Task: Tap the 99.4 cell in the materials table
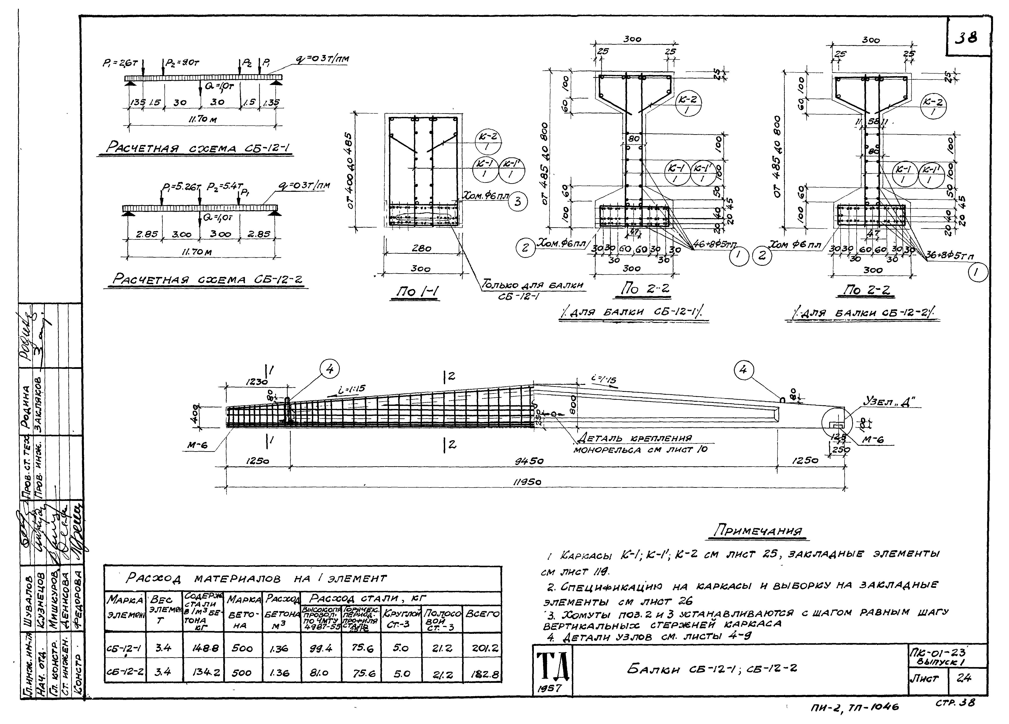pyautogui.click(x=321, y=649)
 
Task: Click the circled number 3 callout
pyautogui.click(x=517, y=201)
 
